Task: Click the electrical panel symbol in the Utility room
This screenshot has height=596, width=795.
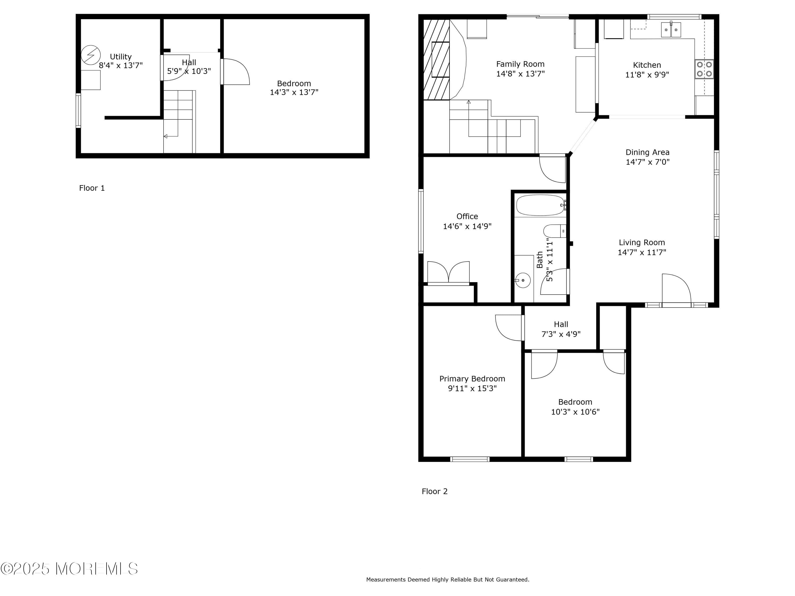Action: click(x=91, y=55)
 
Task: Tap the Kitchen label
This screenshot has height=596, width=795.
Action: click(x=647, y=65)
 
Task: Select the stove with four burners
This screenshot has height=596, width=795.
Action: click(x=704, y=69)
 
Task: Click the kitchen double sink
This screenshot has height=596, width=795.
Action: click(x=671, y=30)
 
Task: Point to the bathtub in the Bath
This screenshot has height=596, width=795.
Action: click(x=540, y=205)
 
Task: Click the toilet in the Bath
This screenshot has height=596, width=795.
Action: click(x=554, y=231)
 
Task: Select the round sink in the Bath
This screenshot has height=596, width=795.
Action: click(x=523, y=280)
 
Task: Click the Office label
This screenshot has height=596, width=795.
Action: click(x=467, y=216)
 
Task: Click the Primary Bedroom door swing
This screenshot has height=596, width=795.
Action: click(x=509, y=327)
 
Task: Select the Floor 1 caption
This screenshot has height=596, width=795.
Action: click(x=92, y=188)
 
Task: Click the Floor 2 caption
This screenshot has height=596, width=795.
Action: click(x=435, y=491)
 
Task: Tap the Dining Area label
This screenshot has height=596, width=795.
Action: click(x=647, y=152)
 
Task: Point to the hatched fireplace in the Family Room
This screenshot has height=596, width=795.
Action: click(x=436, y=60)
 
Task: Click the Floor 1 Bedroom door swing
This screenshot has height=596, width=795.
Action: click(x=235, y=72)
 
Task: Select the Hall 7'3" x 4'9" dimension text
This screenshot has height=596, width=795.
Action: click(x=561, y=334)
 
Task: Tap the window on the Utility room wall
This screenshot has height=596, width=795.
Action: click(x=78, y=110)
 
